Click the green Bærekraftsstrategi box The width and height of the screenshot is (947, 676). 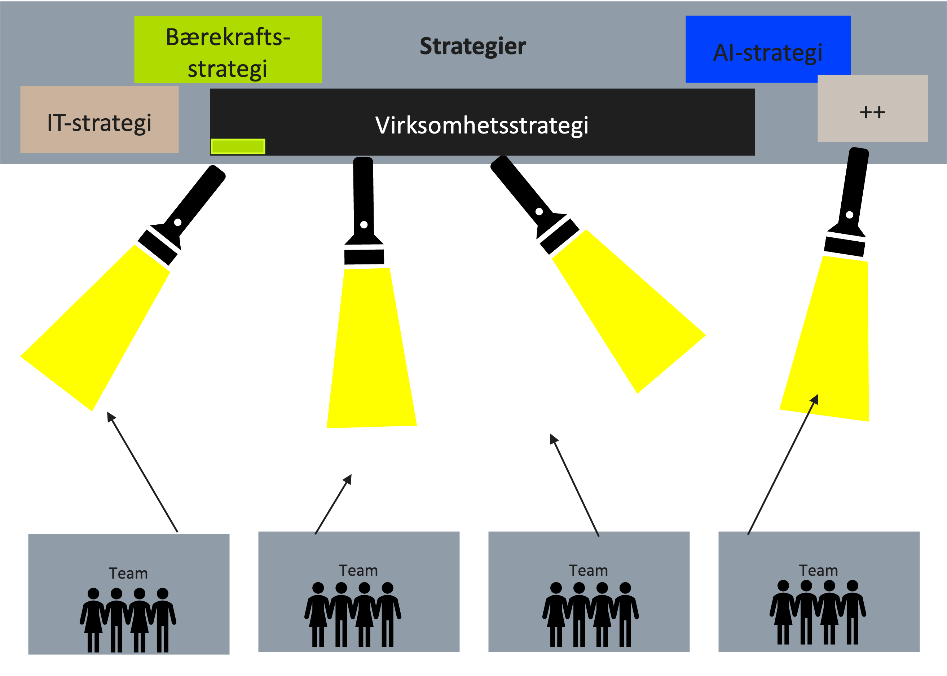click(x=228, y=49)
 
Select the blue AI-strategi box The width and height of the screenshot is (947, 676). click(x=768, y=49)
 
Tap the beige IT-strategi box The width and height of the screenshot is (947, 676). click(x=100, y=120)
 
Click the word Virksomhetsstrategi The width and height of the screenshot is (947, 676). click(x=482, y=125)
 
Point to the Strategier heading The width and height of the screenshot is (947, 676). click(x=473, y=46)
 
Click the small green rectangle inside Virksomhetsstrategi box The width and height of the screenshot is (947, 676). click(x=238, y=146)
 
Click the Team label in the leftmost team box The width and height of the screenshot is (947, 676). click(x=128, y=574)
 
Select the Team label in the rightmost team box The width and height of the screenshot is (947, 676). click(x=818, y=570)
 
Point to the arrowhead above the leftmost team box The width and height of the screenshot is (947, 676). click(x=110, y=416)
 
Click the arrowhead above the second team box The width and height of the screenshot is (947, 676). click(x=348, y=479)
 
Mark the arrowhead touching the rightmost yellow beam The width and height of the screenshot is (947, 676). click(x=815, y=399)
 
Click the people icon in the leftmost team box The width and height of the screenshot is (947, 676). click(x=128, y=620)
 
